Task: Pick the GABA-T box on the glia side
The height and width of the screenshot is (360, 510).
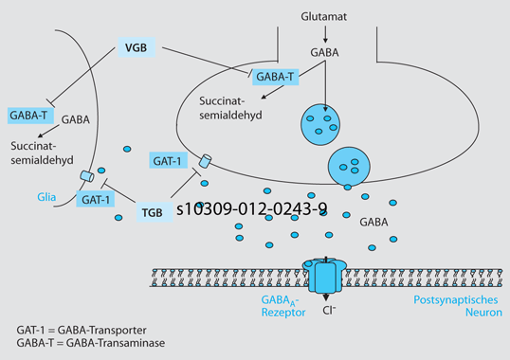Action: click(x=29, y=116)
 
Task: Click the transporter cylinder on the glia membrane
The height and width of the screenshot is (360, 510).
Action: click(x=87, y=177)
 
